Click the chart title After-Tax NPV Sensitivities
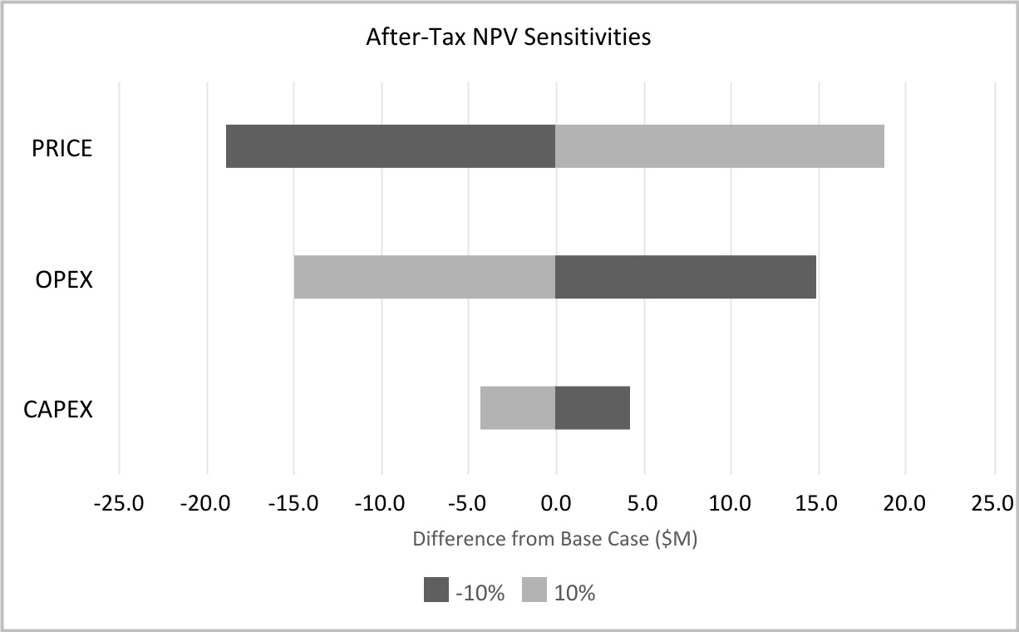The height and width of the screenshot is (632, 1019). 509,38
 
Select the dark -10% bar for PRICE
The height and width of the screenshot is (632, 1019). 391,146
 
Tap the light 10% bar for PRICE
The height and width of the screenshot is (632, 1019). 720,146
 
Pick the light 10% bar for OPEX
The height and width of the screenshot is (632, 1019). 425,277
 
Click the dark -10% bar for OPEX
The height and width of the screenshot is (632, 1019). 686,277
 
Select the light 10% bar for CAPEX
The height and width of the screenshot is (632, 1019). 518,407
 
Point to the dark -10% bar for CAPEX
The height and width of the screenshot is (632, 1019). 593,407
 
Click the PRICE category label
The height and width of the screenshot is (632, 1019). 62,149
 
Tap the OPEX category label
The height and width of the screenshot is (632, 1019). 64,279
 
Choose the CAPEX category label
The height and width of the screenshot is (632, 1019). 58,410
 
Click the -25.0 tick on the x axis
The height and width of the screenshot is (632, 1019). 120,503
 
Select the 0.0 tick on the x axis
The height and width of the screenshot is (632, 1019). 555,503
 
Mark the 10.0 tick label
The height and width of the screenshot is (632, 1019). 731,503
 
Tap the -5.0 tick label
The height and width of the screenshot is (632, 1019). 469,503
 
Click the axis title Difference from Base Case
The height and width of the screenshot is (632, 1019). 554,539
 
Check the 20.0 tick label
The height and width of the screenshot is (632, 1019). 905,503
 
